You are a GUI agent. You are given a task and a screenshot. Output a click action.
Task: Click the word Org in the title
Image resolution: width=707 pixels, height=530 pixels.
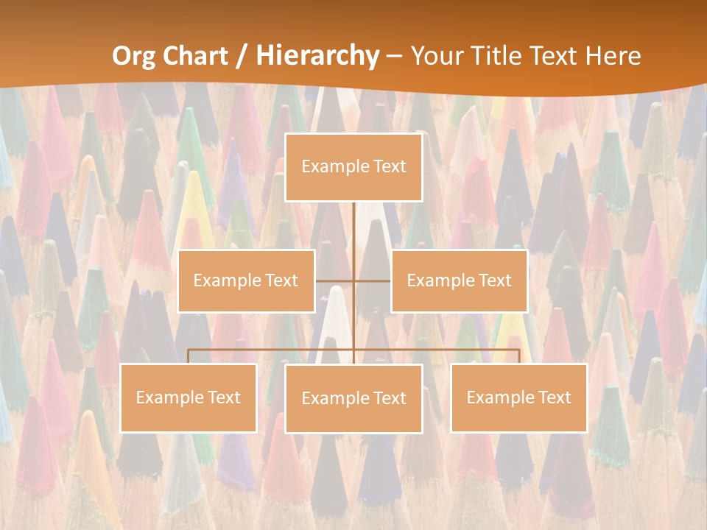coord(135,56)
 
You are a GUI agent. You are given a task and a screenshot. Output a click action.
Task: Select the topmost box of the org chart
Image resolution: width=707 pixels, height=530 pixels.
coord(353,168)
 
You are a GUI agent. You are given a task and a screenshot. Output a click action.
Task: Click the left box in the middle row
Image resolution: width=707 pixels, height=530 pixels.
coord(246,281)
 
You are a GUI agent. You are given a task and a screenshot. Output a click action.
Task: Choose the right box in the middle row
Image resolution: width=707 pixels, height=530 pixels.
coord(459,281)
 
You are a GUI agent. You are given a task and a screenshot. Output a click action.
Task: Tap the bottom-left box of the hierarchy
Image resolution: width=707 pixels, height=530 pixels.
coord(188,398)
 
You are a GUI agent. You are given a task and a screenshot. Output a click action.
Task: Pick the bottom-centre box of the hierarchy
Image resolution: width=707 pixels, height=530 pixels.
coord(353,399)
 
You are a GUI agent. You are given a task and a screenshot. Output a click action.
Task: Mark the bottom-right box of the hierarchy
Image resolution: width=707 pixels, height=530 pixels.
coord(518,398)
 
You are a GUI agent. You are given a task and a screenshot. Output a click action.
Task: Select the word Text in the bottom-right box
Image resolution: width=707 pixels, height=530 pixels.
coord(553,397)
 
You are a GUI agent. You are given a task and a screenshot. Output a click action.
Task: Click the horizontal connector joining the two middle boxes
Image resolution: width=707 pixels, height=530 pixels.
coord(372,281)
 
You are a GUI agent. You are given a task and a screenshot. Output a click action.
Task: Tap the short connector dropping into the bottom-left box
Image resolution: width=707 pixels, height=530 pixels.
coord(188,356)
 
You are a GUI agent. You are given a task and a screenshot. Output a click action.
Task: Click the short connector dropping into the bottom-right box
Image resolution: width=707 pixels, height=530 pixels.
coord(518,356)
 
